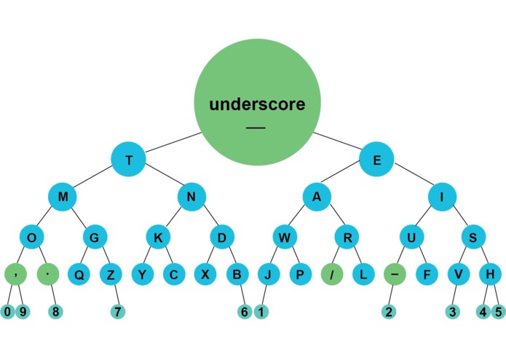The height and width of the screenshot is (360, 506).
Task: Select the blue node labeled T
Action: point(129,160)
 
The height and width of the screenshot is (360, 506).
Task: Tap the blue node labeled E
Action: point(376,160)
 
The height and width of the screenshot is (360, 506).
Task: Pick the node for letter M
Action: point(63,197)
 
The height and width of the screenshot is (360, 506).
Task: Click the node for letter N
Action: point(192,197)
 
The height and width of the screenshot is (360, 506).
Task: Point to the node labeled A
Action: point(317,197)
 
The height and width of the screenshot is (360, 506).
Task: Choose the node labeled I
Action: point(442,197)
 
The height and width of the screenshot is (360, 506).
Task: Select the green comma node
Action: point(15,275)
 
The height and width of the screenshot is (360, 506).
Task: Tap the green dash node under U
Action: point(393,275)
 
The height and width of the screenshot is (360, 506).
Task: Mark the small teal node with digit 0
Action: point(7,312)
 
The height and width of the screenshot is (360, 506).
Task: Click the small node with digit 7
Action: point(116,312)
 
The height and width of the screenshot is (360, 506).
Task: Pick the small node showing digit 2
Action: point(389,312)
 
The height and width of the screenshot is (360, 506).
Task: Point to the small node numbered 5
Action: point(498,312)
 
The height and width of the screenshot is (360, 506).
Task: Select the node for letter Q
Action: point(78,275)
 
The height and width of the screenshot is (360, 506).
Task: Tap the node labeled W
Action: point(285,238)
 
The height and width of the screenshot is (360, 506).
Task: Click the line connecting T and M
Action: point(95,179)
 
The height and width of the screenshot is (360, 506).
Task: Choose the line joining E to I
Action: point(409,179)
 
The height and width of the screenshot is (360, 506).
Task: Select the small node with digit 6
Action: point(245,312)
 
